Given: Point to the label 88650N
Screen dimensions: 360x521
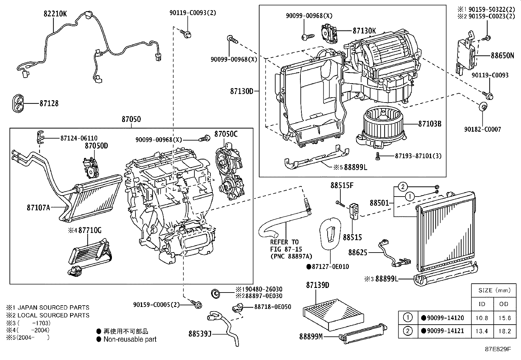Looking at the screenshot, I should pos(502,56).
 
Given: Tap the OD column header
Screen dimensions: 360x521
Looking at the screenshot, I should pos(504,304).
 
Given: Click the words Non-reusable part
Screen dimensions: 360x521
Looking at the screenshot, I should pos(130,339).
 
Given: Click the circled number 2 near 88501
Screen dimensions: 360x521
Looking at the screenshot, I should pos(403,187).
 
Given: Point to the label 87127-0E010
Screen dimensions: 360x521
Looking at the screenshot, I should pos(330,266).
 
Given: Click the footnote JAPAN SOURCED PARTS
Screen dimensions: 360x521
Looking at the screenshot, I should pos(52,308).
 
